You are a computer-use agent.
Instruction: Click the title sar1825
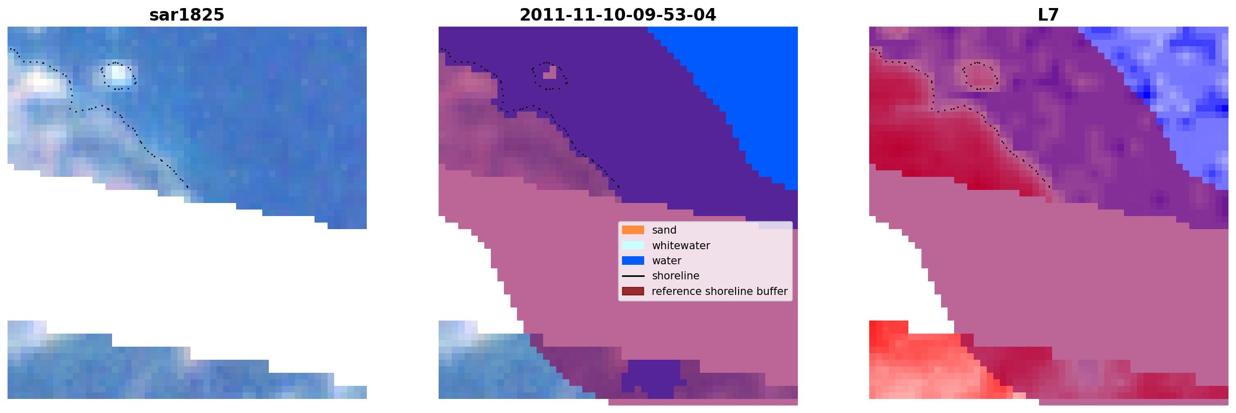coord(187,15)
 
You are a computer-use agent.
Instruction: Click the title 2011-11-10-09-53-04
coord(618,15)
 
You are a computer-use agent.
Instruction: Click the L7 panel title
coord(1049,15)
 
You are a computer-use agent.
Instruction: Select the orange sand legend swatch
coord(633,230)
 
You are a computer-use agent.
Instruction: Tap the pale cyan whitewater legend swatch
coord(633,245)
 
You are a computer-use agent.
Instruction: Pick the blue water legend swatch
coord(633,261)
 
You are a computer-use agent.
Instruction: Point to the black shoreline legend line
coord(633,276)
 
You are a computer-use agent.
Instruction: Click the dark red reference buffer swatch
coord(633,291)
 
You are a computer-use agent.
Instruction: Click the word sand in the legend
coord(664,230)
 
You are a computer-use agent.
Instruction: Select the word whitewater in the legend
coord(681,246)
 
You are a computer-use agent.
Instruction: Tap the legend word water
coord(667,261)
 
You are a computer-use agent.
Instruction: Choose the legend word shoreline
coord(676,276)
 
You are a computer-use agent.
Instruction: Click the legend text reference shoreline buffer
coord(719,291)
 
